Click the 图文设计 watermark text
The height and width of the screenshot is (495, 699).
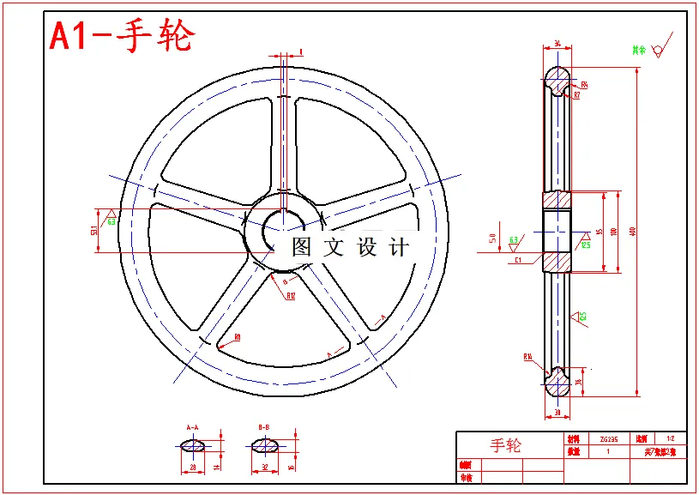coord(350,247)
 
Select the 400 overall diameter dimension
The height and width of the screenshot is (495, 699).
coord(633,232)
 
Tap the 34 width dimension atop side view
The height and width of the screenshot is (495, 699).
coord(557,42)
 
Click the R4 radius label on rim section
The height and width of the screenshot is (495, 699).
coord(584,85)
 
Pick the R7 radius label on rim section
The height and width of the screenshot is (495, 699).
coord(576,95)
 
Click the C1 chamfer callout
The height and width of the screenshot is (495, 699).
coord(518,259)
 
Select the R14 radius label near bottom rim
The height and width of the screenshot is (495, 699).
coord(528,356)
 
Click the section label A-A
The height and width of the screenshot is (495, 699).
coord(192,426)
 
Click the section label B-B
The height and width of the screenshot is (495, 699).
coord(264,426)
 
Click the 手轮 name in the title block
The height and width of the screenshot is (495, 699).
coord(505,445)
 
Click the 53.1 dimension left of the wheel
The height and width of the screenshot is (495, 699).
coord(93,231)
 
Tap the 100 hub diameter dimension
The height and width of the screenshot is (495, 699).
coord(612,232)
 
